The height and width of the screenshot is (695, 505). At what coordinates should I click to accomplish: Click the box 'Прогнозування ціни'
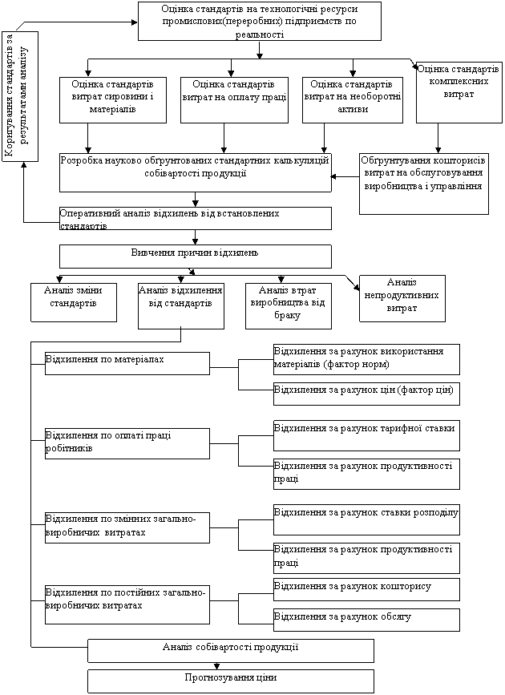231,681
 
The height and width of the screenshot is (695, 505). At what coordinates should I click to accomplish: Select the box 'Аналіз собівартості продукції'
231,651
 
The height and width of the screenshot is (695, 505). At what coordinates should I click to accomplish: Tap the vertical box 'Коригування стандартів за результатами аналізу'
20,96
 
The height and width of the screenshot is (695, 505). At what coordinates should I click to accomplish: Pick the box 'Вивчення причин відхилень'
196,257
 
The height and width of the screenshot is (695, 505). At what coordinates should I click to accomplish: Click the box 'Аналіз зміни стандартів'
74,302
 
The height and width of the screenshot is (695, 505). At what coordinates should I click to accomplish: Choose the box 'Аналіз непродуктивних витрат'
402,298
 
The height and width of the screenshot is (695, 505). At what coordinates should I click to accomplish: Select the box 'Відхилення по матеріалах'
127,363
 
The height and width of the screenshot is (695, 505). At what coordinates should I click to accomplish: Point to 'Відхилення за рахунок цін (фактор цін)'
366,394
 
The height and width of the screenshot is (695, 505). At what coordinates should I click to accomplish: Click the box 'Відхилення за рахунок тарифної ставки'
366,436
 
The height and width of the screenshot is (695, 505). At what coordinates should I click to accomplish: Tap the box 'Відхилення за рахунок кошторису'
366,589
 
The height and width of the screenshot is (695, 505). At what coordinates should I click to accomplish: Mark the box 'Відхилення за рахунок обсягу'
366,620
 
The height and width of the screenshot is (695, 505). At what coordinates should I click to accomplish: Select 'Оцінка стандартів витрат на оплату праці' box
234,100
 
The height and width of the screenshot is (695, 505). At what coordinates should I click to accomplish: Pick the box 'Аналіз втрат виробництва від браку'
289,306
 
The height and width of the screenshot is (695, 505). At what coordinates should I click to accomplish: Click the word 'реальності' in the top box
260,34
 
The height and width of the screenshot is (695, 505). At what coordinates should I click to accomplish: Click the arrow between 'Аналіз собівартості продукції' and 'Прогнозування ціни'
216,666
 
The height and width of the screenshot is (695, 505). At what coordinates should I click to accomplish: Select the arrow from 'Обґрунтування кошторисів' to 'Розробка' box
345,177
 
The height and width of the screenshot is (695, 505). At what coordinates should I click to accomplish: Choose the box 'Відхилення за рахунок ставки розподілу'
366,519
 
